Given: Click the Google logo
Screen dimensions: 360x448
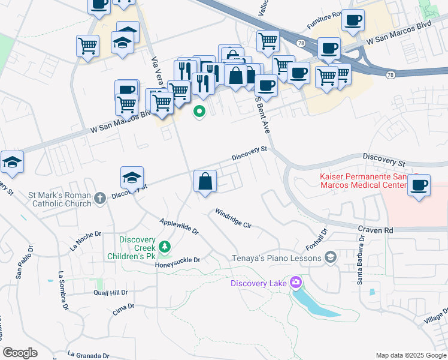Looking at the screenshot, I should (x=20, y=353).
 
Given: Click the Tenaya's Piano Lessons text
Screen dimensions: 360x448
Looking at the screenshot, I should (x=277, y=258).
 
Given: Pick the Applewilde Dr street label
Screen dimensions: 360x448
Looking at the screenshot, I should (x=178, y=226).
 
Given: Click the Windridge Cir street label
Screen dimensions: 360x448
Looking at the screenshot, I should (x=233, y=218).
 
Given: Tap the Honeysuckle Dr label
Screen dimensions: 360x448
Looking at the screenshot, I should (x=178, y=261).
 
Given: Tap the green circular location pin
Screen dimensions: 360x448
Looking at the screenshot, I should (x=198, y=111).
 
